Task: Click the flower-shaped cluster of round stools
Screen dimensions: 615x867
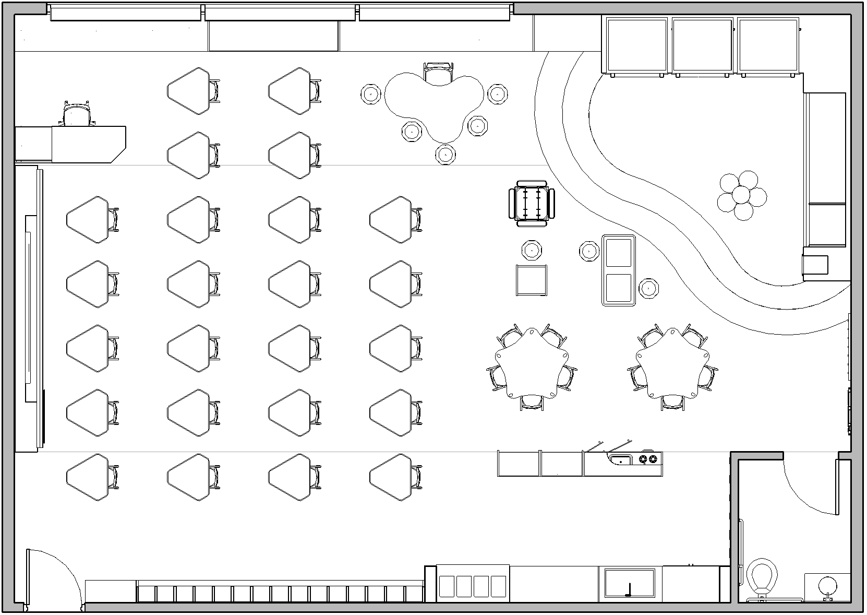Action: pos(741,195)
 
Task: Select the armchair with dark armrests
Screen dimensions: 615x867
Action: pos(532,203)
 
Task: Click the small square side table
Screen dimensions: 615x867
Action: pos(531,280)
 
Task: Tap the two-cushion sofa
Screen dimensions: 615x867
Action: pos(619,270)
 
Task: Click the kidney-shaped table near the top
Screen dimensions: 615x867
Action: pos(433,104)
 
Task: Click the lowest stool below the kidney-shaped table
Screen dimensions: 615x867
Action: pos(445,154)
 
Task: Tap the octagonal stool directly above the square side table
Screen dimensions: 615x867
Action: pos(532,251)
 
